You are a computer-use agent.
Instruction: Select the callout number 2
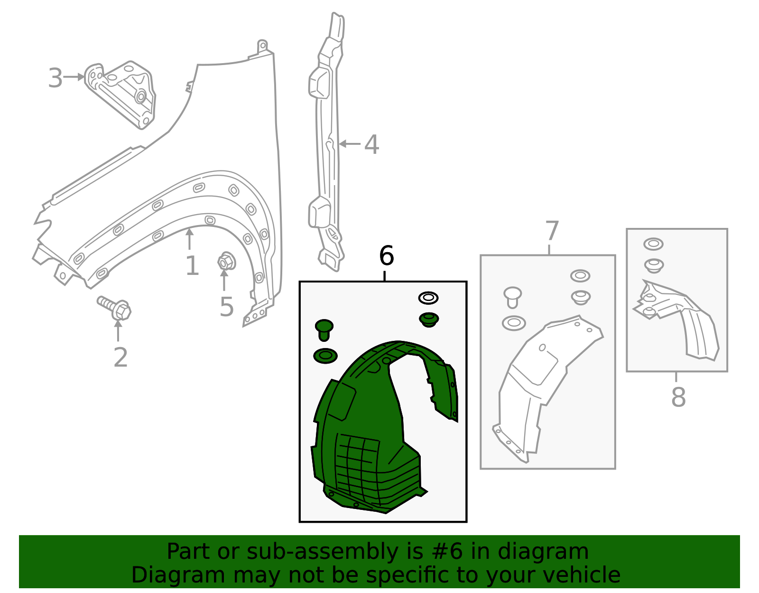click(120, 357)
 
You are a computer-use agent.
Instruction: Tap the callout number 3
click(55, 78)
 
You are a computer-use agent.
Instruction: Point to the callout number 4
click(371, 145)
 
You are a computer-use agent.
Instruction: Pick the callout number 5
click(226, 307)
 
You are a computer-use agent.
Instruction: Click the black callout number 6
click(386, 255)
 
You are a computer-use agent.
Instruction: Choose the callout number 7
click(552, 231)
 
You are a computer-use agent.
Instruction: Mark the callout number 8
click(678, 397)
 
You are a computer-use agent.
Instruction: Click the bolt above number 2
click(114, 308)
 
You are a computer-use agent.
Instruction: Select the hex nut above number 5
click(227, 261)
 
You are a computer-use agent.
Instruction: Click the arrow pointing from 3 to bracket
click(74, 77)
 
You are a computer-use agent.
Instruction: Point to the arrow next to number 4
click(350, 143)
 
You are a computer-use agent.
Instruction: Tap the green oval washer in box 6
click(325, 356)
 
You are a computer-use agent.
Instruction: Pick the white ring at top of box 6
click(428, 298)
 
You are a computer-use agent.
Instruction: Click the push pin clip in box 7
click(512, 297)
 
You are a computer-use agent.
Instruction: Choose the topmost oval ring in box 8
click(653, 244)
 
